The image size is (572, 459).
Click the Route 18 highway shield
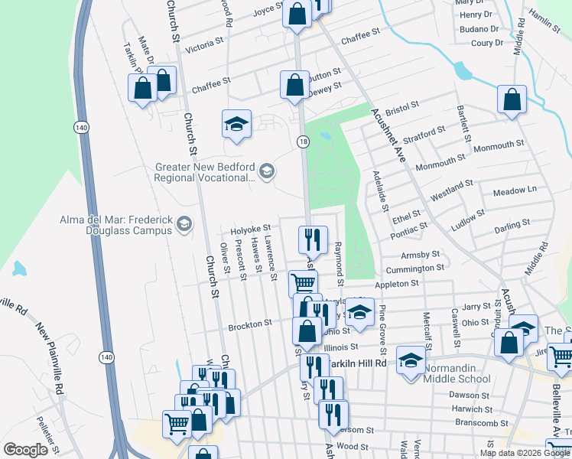click(304, 142)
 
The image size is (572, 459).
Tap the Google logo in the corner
click(25, 450)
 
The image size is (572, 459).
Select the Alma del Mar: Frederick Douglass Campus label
click(116, 225)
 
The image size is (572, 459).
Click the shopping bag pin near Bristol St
click(512, 99)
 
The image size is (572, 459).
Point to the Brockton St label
click(250, 324)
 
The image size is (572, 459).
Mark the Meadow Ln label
click(515, 190)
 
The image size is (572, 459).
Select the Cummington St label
click(414, 269)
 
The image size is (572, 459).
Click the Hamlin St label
click(544, 21)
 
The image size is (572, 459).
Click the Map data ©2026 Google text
click(525, 453)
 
